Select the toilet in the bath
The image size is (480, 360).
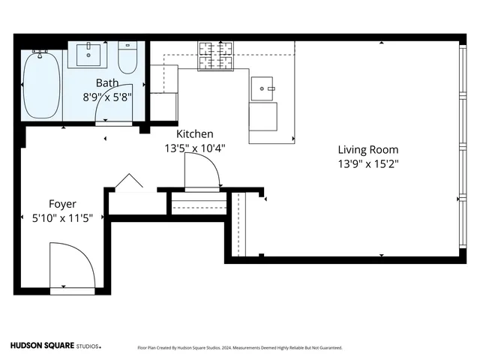coord(127,57)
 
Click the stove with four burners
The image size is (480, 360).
coord(216,55)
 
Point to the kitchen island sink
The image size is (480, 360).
coord(263,88)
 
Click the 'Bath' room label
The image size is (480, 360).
coord(106,82)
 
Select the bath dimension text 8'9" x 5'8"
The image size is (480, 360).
coord(106,96)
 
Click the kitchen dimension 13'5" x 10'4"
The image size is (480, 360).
coord(194,148)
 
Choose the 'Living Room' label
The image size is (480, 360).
coord(367,149)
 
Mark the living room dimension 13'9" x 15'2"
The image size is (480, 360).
coord(367,163)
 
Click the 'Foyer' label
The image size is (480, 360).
coord(61,203)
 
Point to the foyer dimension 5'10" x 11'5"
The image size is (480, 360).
coord(61,217)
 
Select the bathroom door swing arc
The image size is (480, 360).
coord(115,109)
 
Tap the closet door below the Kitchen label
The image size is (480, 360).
coord(202,175)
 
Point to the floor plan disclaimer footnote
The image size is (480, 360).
coord(240,347)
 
